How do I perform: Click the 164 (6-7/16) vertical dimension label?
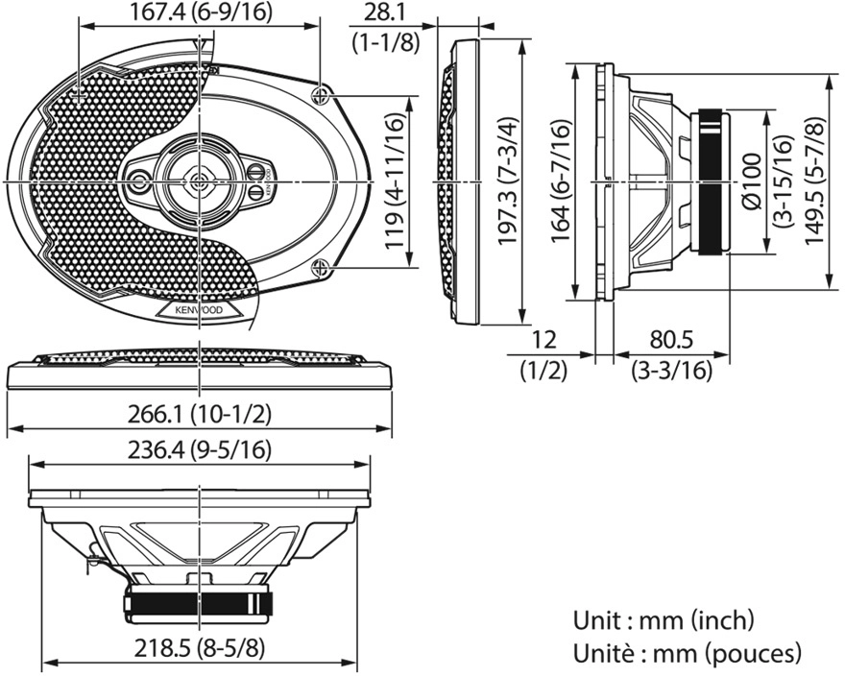(562, 182)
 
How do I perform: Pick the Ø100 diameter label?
(751, 182)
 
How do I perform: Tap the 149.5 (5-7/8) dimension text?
(815, 182)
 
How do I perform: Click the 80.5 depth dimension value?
(671, 341)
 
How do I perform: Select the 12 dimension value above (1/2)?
(543, 341)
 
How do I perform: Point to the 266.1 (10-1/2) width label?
(201, 414)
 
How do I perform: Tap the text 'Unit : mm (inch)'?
(664, 620)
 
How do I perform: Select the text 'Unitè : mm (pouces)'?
(687, 654)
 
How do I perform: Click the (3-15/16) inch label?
(780, 182)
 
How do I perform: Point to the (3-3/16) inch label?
(671, 371)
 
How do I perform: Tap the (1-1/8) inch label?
(384, 42)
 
